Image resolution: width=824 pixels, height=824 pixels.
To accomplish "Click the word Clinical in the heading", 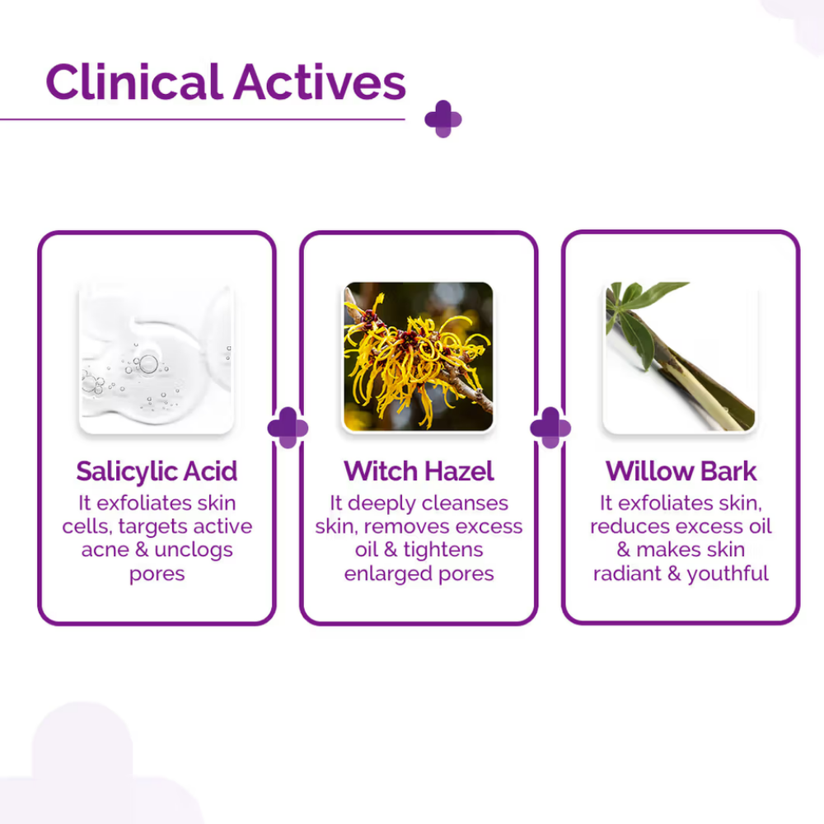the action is point(134,82).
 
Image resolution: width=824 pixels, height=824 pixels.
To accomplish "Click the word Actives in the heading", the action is point(320,82).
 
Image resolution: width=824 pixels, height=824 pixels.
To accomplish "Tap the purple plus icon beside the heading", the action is point(443,119).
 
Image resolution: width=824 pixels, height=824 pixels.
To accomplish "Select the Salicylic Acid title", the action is point(157,471).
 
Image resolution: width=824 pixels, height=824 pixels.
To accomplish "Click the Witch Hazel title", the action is point(419,471).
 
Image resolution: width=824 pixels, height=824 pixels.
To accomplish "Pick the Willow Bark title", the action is point(681,471).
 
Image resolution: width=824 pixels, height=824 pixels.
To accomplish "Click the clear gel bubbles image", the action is point(156,359).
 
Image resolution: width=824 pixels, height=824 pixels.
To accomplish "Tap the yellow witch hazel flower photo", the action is point(419,357).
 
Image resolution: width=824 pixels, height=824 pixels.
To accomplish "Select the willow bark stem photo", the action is point(680,358).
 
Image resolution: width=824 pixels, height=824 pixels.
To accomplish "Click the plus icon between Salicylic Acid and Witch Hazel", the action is point(288,428).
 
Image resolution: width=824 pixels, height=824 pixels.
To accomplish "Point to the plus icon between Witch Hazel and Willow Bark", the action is point(550,428).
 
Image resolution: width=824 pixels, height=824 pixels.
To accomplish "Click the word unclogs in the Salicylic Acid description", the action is point(194,550).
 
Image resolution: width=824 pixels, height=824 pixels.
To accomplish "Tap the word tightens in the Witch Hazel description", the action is point(443,550).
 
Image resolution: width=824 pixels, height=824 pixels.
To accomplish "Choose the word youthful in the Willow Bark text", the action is point(728,574).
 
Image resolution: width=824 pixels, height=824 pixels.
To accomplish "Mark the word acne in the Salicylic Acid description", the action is point(105,550).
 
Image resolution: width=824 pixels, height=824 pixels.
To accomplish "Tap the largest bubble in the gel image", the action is point(148,363).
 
